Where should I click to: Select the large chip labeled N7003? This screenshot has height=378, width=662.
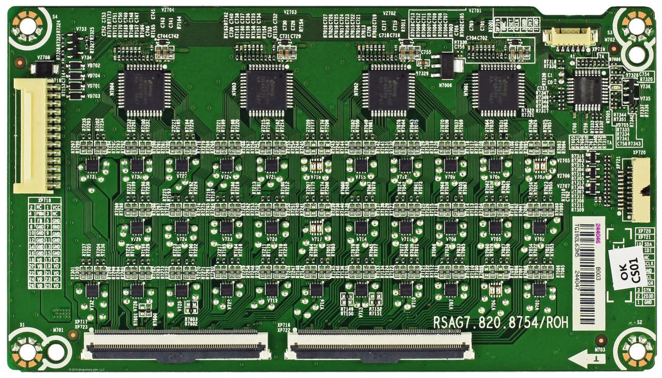(266, 90)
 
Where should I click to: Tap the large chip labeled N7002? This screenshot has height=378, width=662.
(388, 90)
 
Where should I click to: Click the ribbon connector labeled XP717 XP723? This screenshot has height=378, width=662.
(176, 346)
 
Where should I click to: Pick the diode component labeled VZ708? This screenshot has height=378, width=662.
(43, 68)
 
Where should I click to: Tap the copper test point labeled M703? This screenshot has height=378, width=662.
(600, 340)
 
